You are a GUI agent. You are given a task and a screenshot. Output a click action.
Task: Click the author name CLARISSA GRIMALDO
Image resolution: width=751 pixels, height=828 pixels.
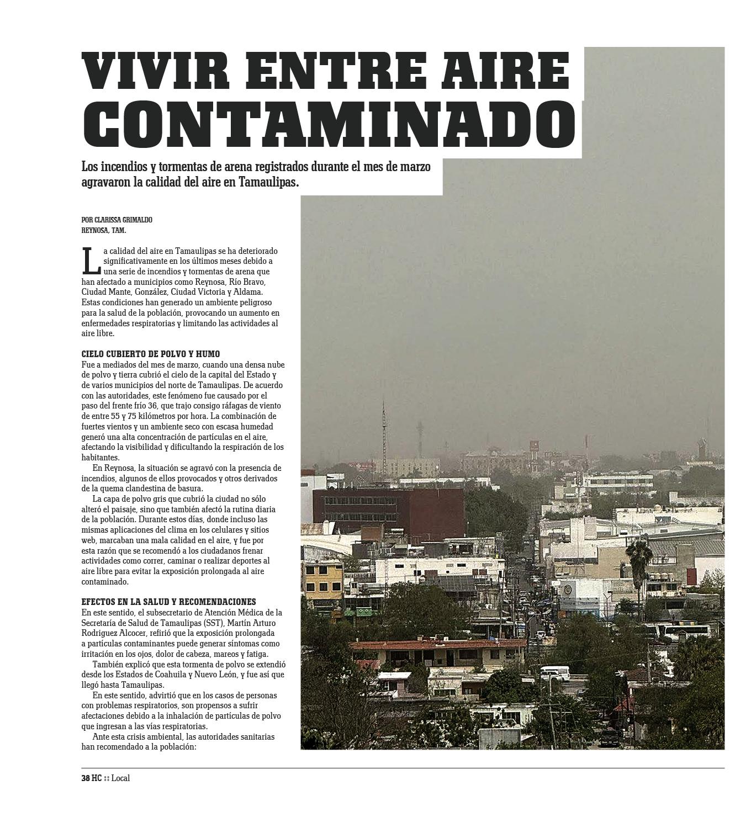coord(123,220)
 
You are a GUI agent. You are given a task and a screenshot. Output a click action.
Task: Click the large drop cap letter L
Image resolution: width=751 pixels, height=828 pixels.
coord(91,261)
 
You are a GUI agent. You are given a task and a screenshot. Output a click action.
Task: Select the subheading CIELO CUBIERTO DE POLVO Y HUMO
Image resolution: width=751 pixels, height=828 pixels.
coord(150,354)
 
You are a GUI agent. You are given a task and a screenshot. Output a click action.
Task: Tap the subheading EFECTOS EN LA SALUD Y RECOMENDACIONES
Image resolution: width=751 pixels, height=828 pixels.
coord(168,602)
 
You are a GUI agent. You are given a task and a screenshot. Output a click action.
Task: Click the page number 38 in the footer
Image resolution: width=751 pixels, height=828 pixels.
coord(86,778)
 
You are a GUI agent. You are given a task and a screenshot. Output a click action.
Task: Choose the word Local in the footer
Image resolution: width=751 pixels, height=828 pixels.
coord(120,778)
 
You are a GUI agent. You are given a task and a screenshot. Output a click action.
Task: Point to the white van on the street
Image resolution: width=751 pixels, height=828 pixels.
coord(554,673)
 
